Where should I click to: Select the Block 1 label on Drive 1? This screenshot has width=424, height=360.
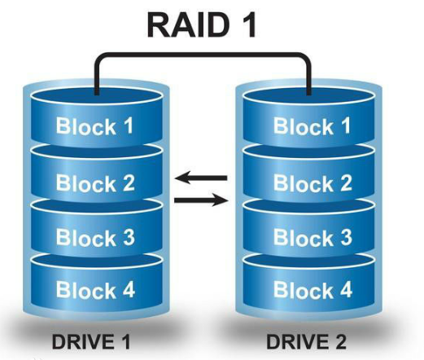pyautogui.click(x=95, y=126)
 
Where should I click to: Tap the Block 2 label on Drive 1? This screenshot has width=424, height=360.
pyautogui.click(x=95, y=182)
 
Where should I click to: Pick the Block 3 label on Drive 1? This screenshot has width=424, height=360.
pyautogui.click(x=95, y=238)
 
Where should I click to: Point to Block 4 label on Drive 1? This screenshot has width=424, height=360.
pyautogui.click(x=95, y=289)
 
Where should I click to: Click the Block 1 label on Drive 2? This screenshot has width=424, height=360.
pyautogui.click(x=313, y=126)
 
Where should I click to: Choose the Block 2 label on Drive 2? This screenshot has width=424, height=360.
pyautogui.click(x=313, y=182)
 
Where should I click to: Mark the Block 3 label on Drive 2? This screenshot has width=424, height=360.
pyautogui.click(x=313, y=238)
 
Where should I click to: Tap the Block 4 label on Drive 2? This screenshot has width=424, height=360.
pyautogui.click(x=313, y=289)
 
